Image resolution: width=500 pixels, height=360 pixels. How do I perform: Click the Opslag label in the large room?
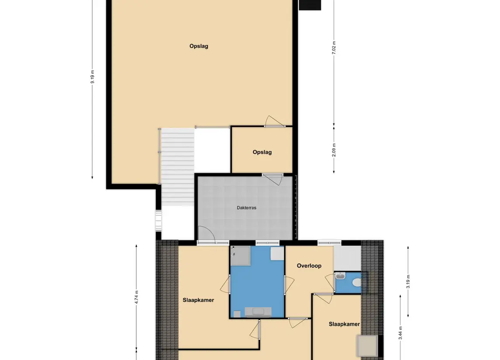[199, 46]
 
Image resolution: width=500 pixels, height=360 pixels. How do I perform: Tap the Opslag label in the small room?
[262, 152]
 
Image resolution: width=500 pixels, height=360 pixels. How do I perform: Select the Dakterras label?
[246, 208]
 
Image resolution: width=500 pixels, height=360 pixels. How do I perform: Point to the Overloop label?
[309, 266]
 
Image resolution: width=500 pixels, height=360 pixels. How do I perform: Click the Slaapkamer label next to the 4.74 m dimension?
[198, 300]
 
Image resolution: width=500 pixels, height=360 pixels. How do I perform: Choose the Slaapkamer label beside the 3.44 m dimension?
[344, 324]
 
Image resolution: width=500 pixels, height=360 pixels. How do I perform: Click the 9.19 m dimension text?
[93, 76]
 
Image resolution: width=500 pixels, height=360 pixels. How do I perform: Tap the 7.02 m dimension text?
[334, 48]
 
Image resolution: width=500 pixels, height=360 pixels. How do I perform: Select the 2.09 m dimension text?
[334, 150]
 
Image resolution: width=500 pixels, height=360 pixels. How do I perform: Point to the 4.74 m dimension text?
[137, 297]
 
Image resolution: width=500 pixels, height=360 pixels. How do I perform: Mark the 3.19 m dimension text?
[408, 281]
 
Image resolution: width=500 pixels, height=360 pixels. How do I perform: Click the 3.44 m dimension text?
[400, 333]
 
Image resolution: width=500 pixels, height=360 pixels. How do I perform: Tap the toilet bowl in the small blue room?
[357, 283]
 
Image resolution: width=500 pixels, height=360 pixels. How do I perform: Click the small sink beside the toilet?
[340, 276]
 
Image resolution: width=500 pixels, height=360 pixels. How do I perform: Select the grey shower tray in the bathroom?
[241, 256]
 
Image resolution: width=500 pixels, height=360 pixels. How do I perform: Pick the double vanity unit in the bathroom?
[258, 312]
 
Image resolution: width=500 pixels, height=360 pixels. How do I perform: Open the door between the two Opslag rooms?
[275, 122]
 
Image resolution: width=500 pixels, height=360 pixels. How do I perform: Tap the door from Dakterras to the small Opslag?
[273, 179]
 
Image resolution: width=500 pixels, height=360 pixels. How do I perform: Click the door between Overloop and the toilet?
[330, 282]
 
